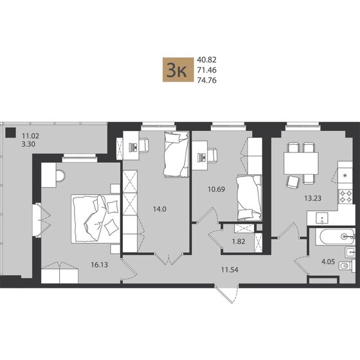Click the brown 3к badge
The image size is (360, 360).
pos(178,70)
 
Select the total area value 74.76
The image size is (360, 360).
pos(206,80)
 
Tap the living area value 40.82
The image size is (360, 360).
pos(206,60)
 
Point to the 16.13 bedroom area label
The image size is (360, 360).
pos(100,265)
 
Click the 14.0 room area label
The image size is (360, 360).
pos(160,209)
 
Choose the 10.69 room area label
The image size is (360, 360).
pos(216,190)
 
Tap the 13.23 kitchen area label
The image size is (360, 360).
pos(312,198)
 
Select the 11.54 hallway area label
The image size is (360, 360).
pos(230,270)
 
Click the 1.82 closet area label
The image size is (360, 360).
pos(239,242)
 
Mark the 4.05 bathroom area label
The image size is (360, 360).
pos(328,262)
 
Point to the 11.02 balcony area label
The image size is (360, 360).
pos(30,136)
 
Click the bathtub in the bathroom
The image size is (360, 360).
pos(335,237)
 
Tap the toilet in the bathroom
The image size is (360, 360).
pos(347,266)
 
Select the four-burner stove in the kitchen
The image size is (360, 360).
pos(346,196)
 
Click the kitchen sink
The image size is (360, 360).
pos(322,219)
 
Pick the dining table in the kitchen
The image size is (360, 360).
pos(301,163)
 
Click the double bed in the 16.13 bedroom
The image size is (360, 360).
pos(96,219)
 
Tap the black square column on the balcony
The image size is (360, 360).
pos(10,132)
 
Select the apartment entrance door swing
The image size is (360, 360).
pos(228,294)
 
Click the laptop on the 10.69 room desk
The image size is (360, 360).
pos(203,157)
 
